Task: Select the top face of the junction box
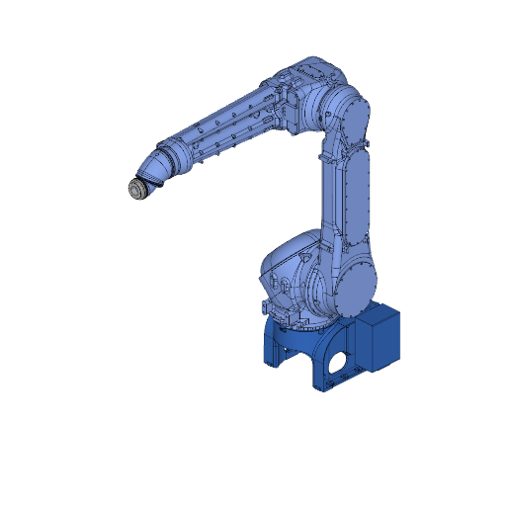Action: tap(379, 314)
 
